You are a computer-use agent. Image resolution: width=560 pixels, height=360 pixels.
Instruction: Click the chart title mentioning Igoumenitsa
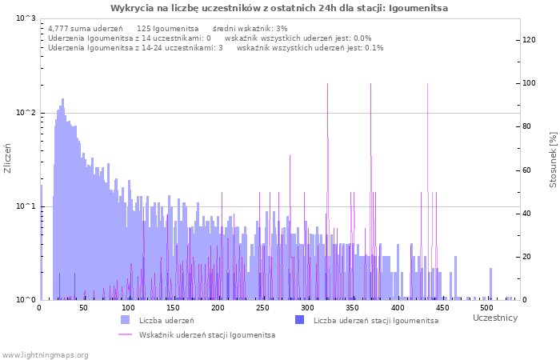pos(279,8)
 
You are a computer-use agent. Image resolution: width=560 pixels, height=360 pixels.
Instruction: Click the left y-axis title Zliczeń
pos(8,158)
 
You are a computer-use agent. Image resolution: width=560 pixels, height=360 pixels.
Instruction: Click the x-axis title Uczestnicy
pos(494,318)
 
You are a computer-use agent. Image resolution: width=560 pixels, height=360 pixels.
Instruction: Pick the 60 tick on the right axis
pos(528,170)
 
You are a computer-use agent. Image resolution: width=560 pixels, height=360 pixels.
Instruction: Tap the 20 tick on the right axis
pos(528,257)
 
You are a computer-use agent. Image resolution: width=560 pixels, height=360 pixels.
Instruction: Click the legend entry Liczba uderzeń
pos(166,321)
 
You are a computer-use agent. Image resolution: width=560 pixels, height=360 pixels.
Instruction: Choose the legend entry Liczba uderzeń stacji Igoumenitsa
pos(375,321)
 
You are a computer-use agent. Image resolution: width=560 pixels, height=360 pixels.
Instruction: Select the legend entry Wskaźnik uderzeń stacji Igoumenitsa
pos(206,334)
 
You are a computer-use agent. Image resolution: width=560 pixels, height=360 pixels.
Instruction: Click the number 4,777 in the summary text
pos(59,29)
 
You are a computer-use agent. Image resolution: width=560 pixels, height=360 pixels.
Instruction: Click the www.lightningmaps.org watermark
pos(46,354)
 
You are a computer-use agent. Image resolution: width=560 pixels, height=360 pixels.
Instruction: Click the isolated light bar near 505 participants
pos(490,284)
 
